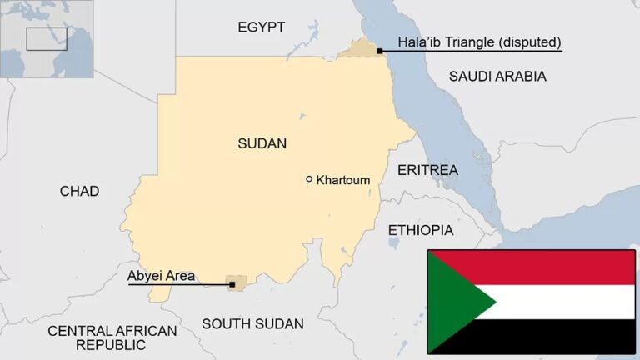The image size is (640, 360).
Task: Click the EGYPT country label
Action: point(261,27)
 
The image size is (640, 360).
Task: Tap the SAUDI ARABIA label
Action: point(497,77)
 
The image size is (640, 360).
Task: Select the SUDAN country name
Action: point(262,143)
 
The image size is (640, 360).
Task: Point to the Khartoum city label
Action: point(343,180)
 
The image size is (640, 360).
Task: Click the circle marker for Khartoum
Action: point(309,179)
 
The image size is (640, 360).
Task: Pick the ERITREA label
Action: point(427,170)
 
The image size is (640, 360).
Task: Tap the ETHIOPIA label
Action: point(421,230)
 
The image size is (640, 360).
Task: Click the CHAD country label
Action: point(79,192)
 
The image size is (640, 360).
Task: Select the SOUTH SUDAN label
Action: point(252,323)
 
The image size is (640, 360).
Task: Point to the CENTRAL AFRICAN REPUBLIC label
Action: point(112,337)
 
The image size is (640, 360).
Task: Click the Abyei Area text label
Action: point(161,275)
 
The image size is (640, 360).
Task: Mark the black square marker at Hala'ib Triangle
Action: point(380,51)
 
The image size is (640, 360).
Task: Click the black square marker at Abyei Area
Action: point(232,285)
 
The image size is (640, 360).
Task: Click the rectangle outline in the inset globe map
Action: point(47,39)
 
